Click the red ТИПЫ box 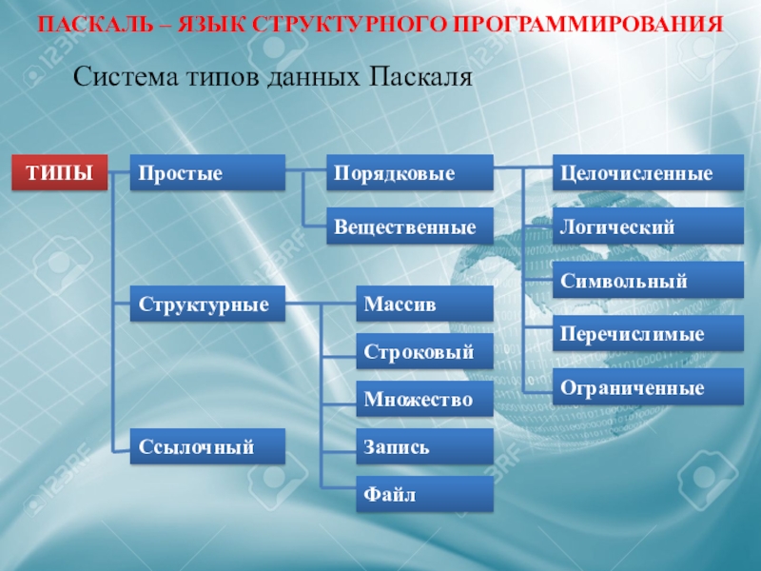pos(60,172)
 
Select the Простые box pos(207,172)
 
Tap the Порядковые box pos(410,172)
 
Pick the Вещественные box pos(410,226)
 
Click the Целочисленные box pos(649,172)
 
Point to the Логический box pos(649,226)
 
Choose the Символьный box pos(649,280)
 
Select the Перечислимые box pos(649,333)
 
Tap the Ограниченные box pos(649,386)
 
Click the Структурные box pos(207,304)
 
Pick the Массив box pos(425,304)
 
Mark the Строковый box pos(425,351)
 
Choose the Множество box pos(425,399)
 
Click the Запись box pos(425,446)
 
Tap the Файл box pos(425,494)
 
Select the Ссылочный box pos(207,446)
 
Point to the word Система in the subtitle pos(126,77)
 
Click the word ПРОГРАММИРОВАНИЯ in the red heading pos(588,25)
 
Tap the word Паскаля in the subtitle pos(420,77)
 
